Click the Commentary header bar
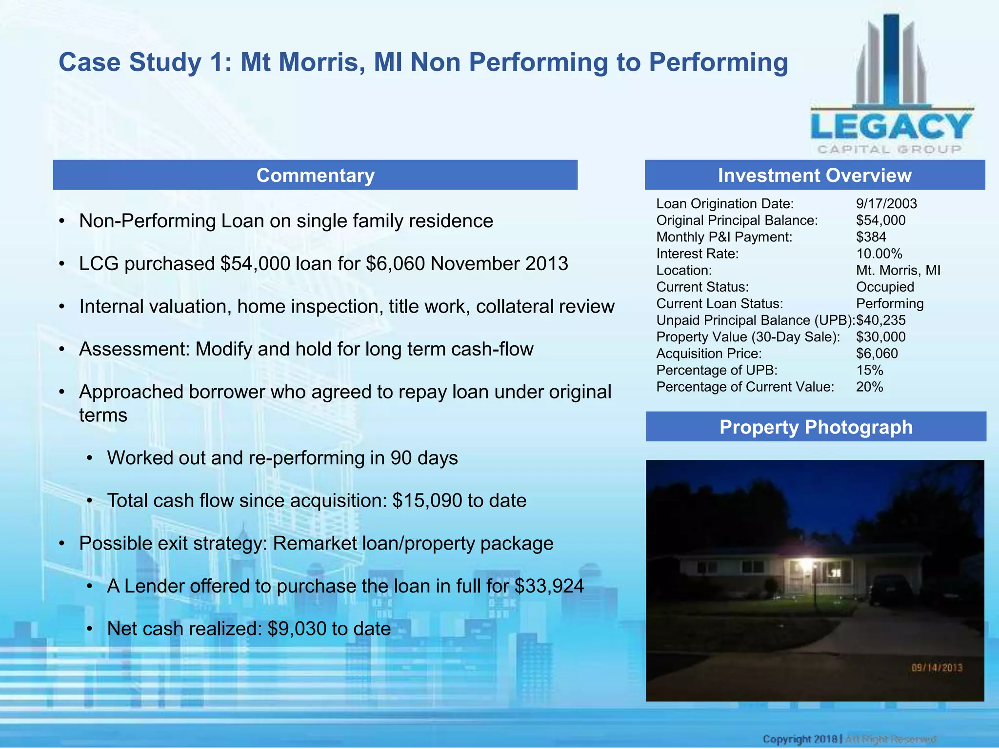[315, 175]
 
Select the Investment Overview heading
[814, 175]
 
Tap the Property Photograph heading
[816, 427]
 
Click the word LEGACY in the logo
[891, 127]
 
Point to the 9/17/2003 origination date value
[886, 204]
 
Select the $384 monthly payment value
[871, 237]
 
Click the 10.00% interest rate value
[879, 254]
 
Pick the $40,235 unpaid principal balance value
[881, 320]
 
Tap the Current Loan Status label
[719, 304]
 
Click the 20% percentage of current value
[869, 387]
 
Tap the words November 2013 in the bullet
[499, 264]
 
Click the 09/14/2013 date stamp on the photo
[937, 668]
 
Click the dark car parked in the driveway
[891, 591]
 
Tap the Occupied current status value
[885, 287]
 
